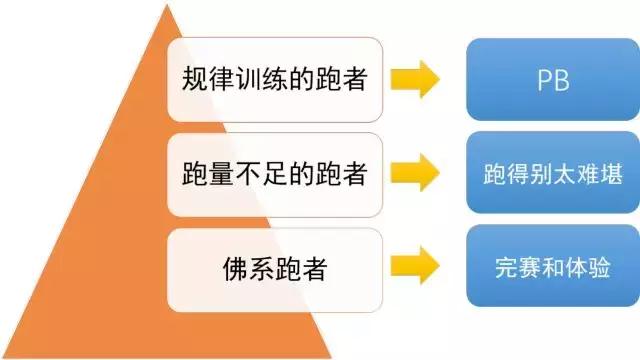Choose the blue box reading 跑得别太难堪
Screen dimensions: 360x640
click(547, 175)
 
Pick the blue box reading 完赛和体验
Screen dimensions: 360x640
click(547, 267)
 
